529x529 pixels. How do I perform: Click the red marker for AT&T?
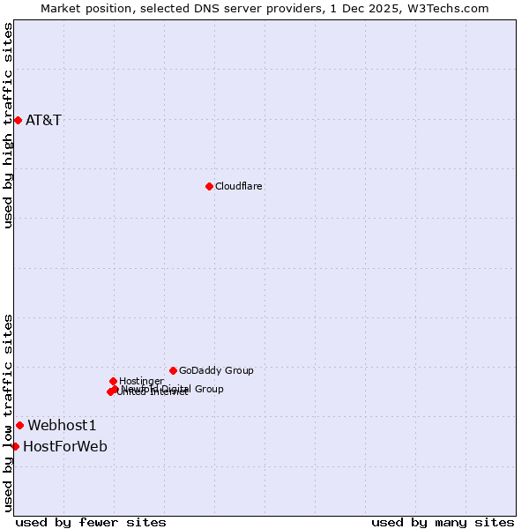pyautogui.click(x=18, y=120)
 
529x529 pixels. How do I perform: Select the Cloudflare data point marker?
pyautogui.click(x=209, y=186)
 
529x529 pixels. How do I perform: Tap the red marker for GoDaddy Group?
pyautogui.click(x=173, y=370)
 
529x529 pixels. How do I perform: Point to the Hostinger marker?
pyautogui.click(x=113, y=381)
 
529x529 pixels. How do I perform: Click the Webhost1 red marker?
pyautogui.click(x=19, y=425)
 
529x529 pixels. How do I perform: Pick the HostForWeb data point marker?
pyautogui.click(x=15, y=446)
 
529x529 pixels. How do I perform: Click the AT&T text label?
pyautogui.click(x=43, y=120)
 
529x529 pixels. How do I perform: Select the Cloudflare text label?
pyautogui.click(x=238, y=186)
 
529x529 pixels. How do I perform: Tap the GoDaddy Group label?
pyautogui.click(x=216, y=370)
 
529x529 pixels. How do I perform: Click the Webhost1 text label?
pyautogui.click(x=62, y=425)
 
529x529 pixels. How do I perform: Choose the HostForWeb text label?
pyautogui.click(x=65, y=446)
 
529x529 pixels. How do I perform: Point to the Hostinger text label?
pyautogui.click(x=141, y=381)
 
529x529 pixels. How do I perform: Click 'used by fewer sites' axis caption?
pyautogui.click(x=91, y=522)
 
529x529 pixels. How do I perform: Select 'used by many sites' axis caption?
pyautogui.click(x=443, y=522)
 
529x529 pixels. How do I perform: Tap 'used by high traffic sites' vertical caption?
pyautogui.click(x=8, y=125)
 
